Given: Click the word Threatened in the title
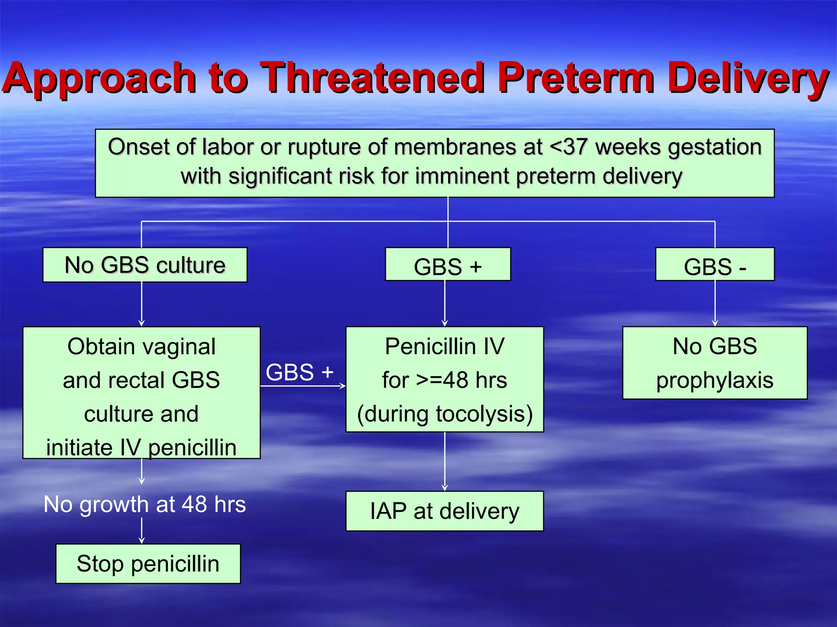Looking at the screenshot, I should tap(374, 78).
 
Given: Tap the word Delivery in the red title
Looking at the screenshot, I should tap(748, 78).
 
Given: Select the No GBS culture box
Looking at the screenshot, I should tap(145, 265).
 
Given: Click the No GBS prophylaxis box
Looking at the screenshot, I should tap(714, 363).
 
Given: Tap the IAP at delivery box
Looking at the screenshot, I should tap(444, 511).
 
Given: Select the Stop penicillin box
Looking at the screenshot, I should tap(148, 564).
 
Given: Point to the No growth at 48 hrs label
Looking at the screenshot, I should tap(145, 504).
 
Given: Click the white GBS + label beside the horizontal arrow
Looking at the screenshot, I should tap(299, 372).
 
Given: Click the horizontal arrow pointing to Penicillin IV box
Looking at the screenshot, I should tap(302, 386).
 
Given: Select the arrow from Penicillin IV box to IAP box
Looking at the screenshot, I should tap(445, 461).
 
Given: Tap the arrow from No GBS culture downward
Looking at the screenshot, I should tap(141, 304).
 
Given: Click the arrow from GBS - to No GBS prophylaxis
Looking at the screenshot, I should tap(715, 304).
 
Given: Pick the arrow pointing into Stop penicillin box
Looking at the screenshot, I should tap(141, 531).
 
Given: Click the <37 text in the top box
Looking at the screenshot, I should tap(569, 147).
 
